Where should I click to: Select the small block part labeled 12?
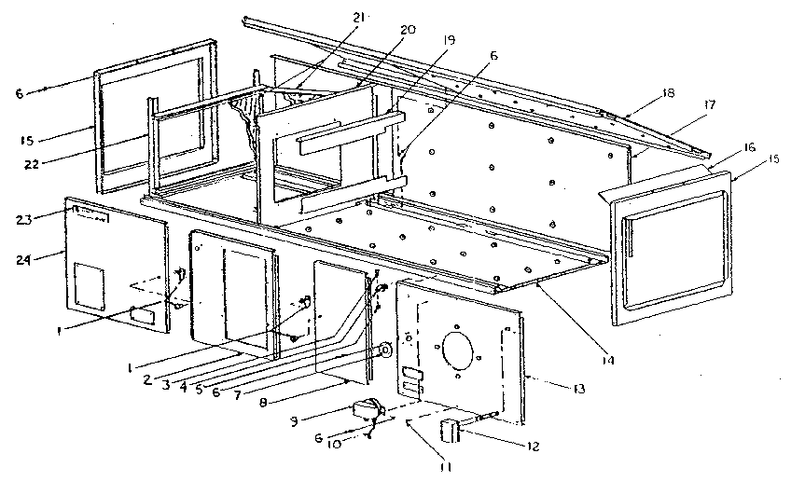(x=451, y=430)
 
